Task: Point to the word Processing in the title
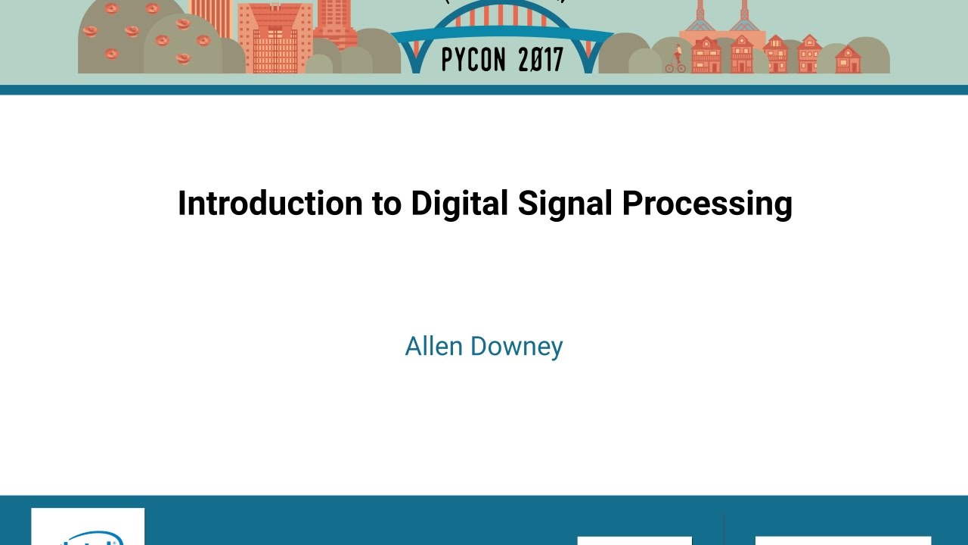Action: [x=707, y=204]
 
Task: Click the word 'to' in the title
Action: [x=386, y=204]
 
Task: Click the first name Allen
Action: [x=434, y=347]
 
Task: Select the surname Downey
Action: [x=517, y=347]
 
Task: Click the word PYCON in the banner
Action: [x=474, y=58]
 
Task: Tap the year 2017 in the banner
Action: [x=541, y=58]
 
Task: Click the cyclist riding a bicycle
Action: [x=676, y=60]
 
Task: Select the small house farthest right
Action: [x=847, y=60]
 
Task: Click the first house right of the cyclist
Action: [x=706, y=54]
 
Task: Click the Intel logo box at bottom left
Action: [x=88, y=527]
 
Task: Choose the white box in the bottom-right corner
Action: [x=842, y=540]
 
